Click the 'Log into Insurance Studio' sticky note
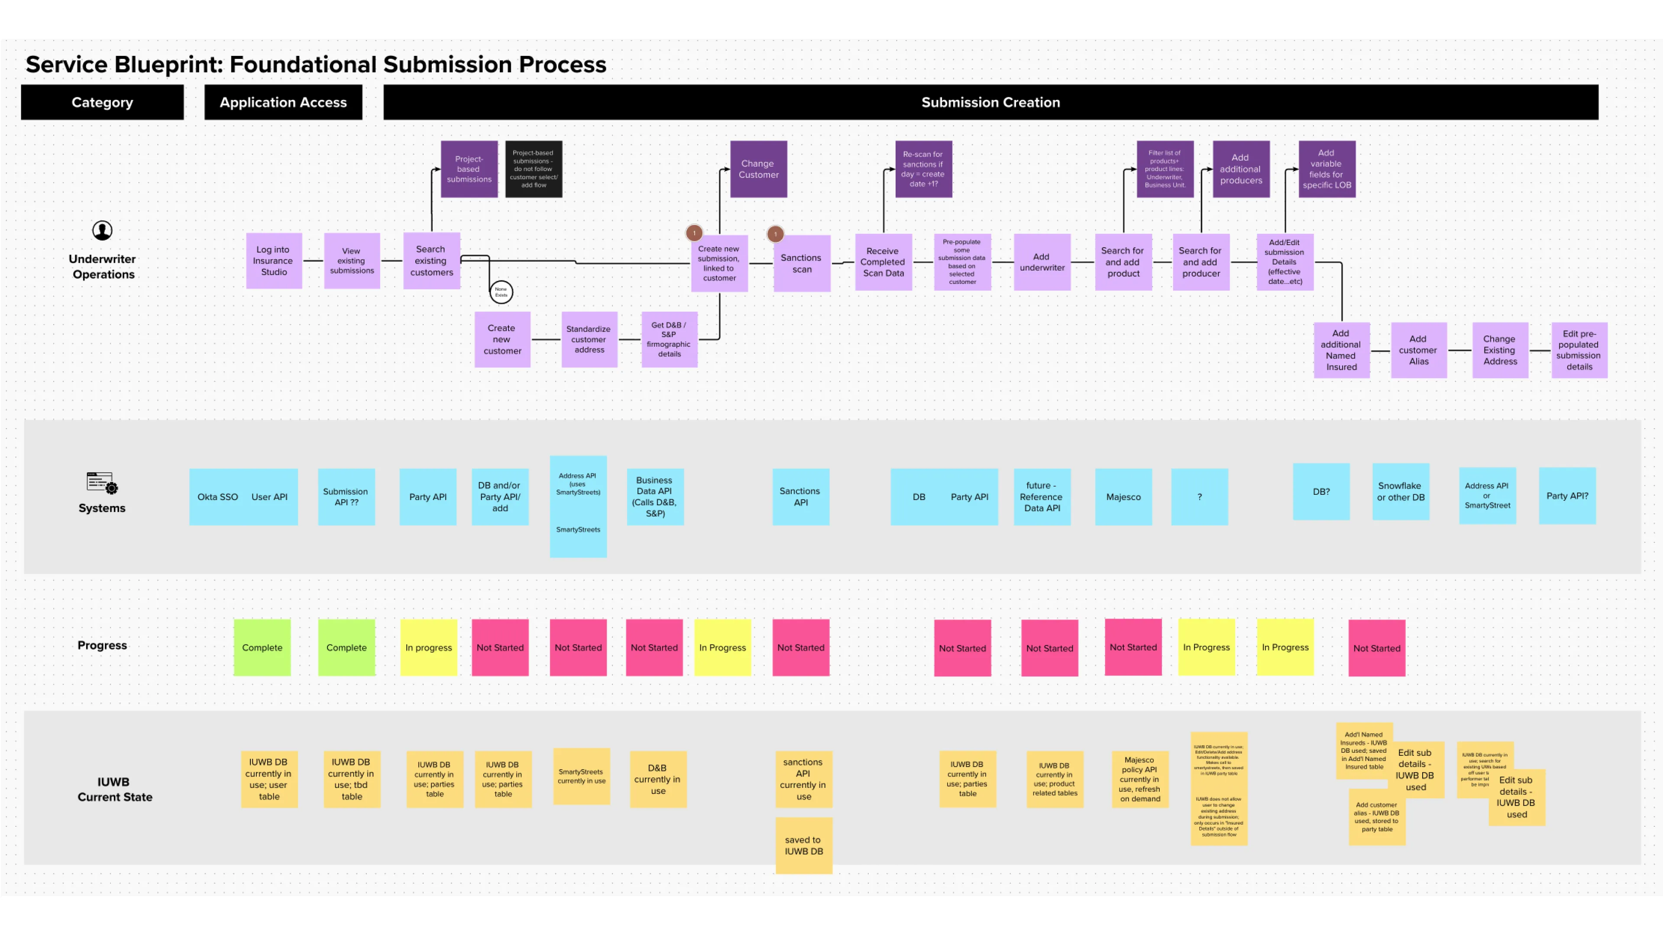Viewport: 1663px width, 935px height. pyautogui.click(x=274, y=261)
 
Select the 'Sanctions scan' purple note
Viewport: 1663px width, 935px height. pyautogui.click(x=801, y=263)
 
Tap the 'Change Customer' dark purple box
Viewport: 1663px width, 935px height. pyautogui.click(x=759, y=169)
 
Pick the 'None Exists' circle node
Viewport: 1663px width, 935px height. pyautogui.click(x=501, y=292)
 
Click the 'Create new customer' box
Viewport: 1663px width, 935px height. pyautogui.click(x=502, y=339)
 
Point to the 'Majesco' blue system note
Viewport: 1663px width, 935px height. pyautogui.click(x=1123, y=497)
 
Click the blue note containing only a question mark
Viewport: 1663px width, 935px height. pyautogui.click(x=1200, y=497)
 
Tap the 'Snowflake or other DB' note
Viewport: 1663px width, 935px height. pyautogui.click(x=1400, y=492)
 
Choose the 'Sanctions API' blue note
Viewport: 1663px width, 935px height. pyautogui.click(x=800, y=497)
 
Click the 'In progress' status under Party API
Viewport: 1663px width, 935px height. pyautogui.click(x=429, y=647)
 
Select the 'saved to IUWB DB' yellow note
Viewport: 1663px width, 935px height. pyautogui.click(x=804, y=845)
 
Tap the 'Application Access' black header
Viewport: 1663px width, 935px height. pyautogui.click(x=283, y=102)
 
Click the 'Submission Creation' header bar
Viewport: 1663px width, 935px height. pyautogui.click(x=990, y=102)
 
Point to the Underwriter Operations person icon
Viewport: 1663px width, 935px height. pyautogui.click(x=103, y=230)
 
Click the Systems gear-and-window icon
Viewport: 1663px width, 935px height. pyautogui.click(x=102, y=483)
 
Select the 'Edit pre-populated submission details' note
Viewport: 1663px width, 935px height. pyautogui.click(x=1579, y=350)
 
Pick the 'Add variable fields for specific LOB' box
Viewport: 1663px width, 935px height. pyautogui.click(x=1327, y=169)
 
